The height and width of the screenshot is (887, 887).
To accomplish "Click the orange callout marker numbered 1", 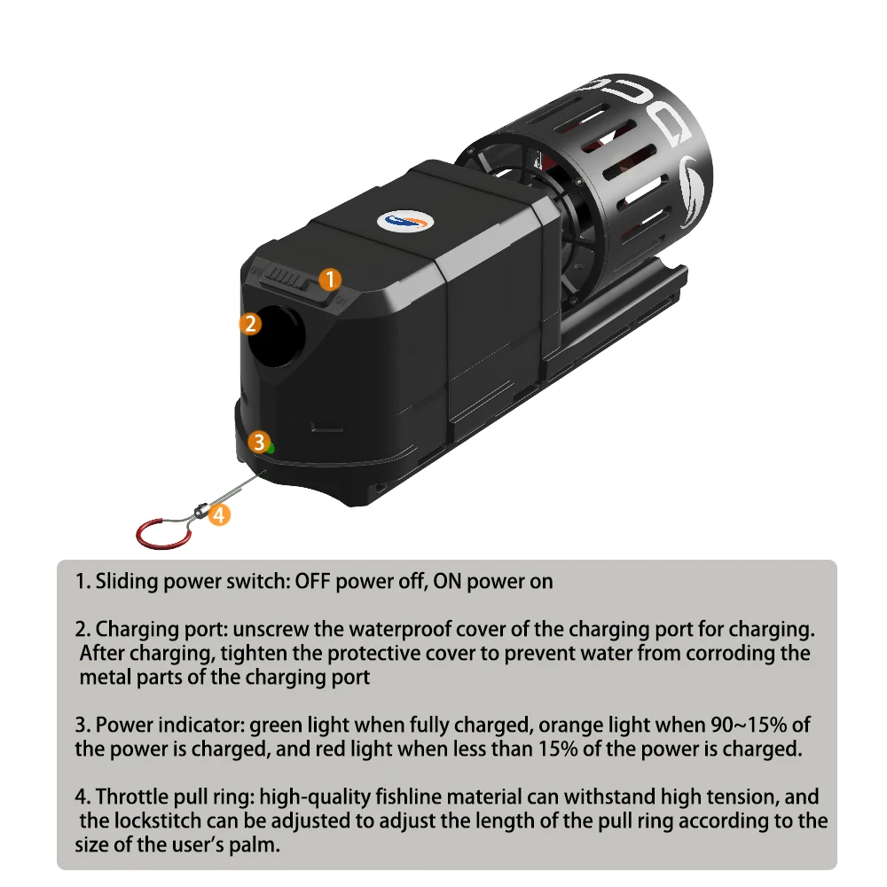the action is click(330, 279).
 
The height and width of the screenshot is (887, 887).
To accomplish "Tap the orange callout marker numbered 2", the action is click(250, 324).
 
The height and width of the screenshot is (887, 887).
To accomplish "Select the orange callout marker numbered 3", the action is click(259, 442).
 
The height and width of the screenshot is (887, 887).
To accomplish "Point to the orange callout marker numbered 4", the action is click(219, 514).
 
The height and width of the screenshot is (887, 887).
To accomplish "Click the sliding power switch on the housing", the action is click(291, 280).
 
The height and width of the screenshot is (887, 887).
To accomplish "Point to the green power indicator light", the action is click(271, 448).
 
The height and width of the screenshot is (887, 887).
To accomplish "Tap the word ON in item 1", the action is click(447, 582).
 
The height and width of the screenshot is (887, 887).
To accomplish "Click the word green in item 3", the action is click(271, 726).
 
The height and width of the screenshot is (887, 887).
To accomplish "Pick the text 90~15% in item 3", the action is click(750, 725).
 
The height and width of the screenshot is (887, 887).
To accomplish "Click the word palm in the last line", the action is click(254, 845).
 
